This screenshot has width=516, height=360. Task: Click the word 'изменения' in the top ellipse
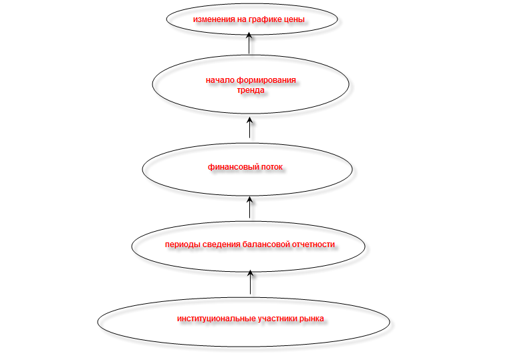213,19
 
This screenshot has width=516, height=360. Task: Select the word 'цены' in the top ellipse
295,19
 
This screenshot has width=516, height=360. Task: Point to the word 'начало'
220,80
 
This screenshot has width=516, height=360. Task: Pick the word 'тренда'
251,89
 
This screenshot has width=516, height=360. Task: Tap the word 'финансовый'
231,167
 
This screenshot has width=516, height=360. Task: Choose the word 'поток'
271,167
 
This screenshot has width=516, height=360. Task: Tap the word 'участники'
277,319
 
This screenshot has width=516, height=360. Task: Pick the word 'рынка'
311,319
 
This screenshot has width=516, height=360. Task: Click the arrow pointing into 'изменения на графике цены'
249,43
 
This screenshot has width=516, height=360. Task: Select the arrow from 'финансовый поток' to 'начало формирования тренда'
249,128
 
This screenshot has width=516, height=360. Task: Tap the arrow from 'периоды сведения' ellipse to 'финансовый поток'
249,207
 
